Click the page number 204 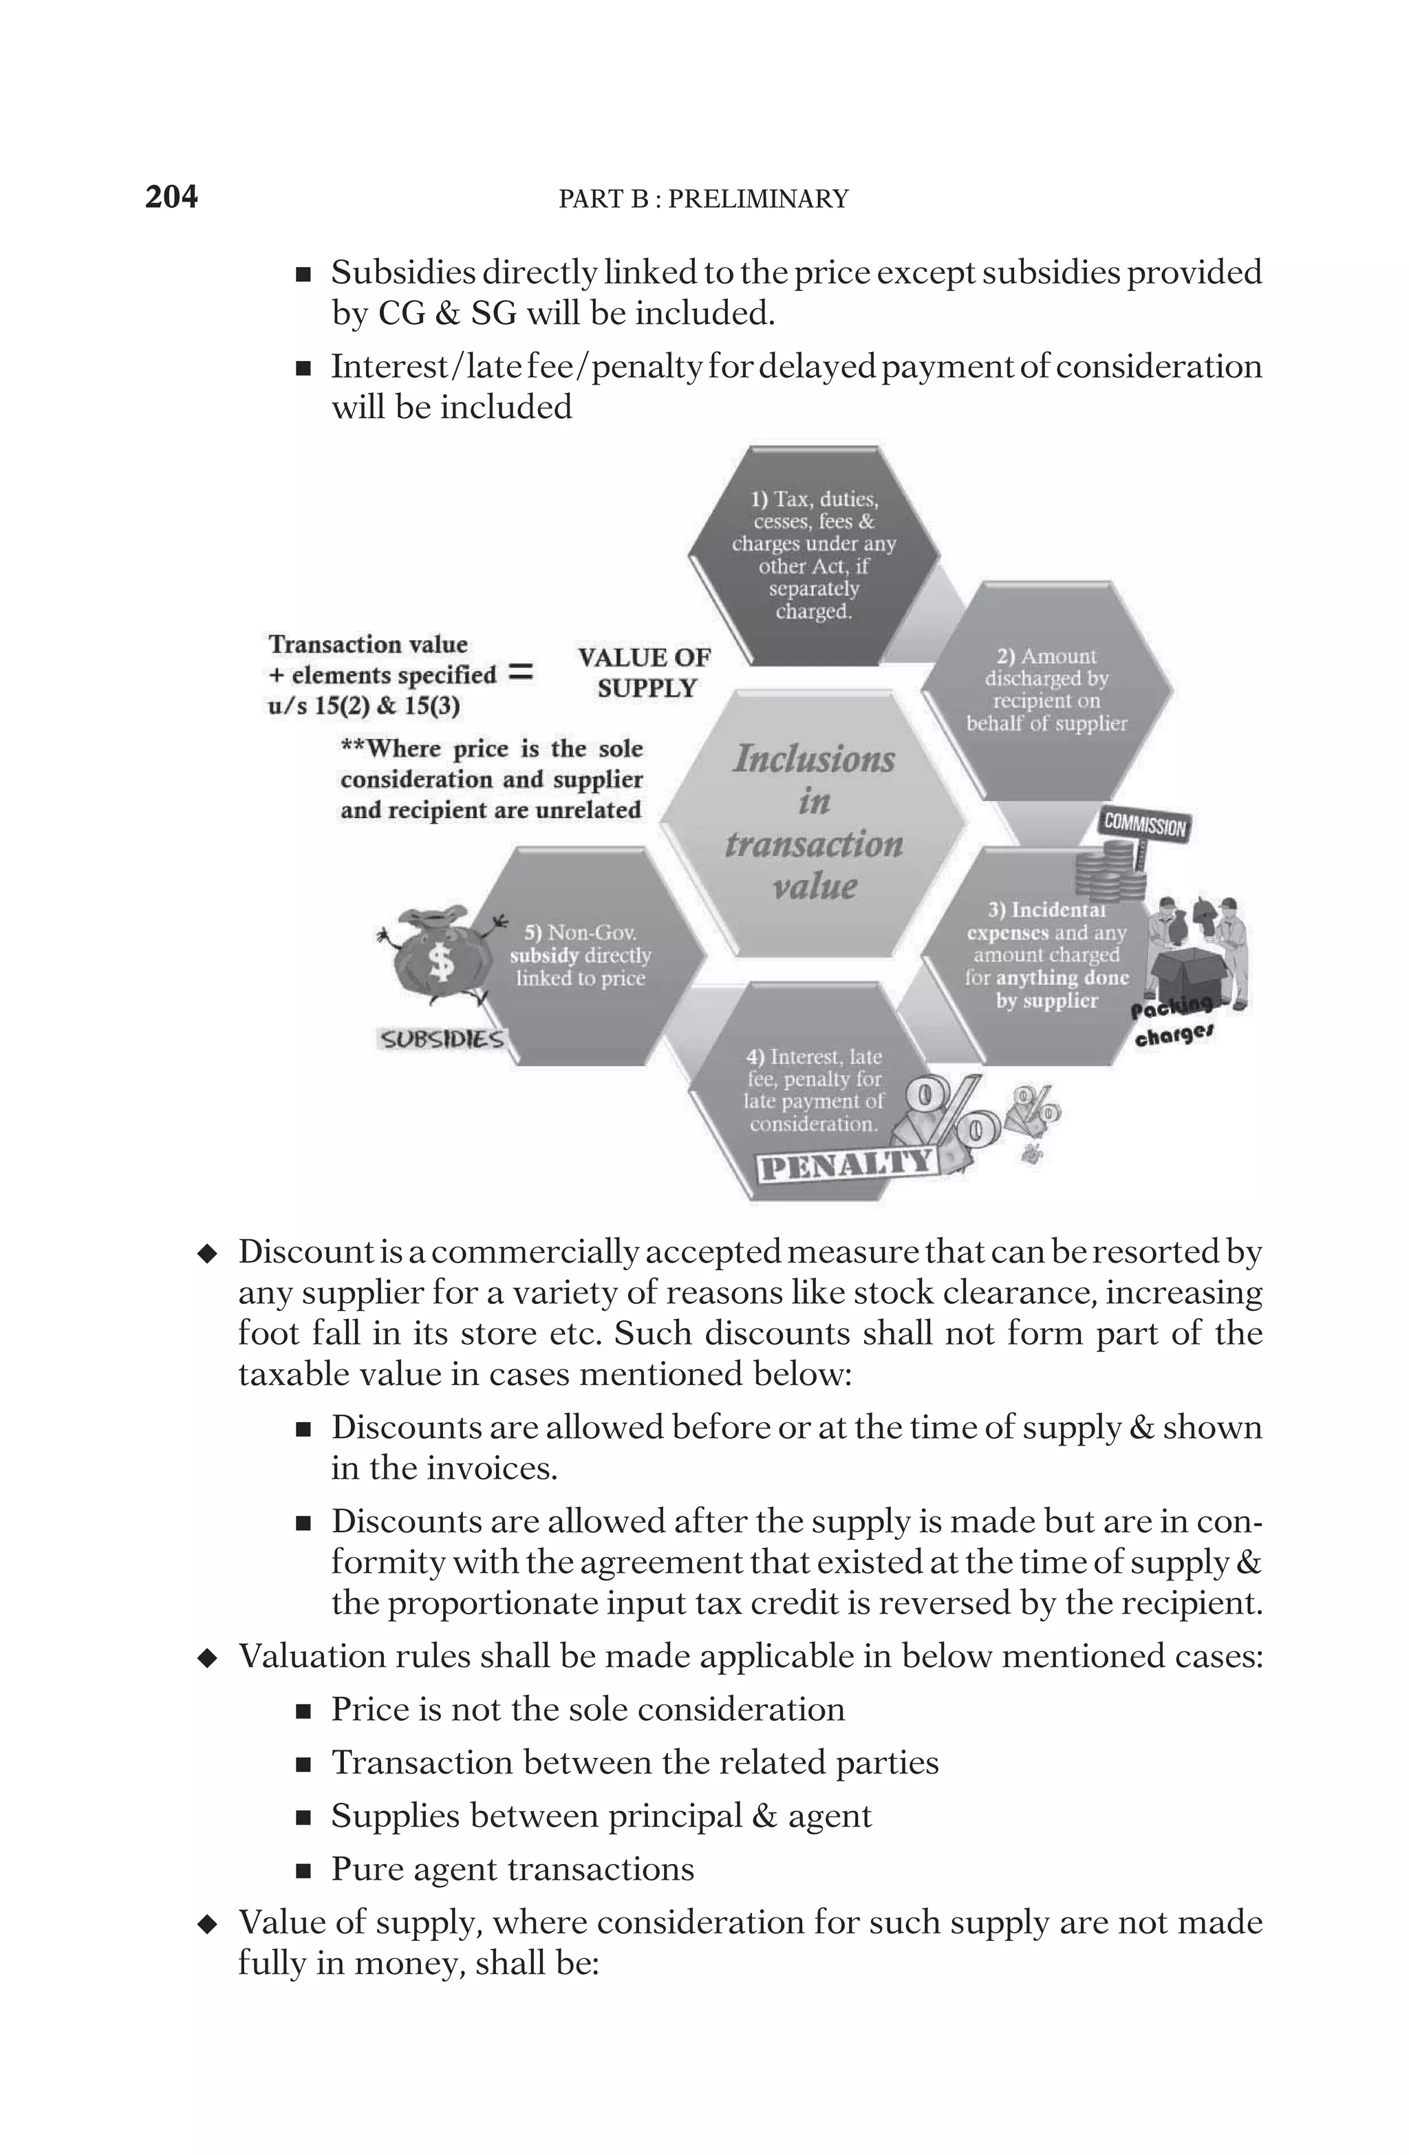click(171, 197)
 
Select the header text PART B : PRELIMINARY click(704, 200)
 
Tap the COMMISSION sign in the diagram click(1143, 825)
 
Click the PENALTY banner click(846, 1164)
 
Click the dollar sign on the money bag click(441, 962)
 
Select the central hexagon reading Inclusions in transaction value click(813, 822)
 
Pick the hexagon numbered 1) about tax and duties click(813, 555)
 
